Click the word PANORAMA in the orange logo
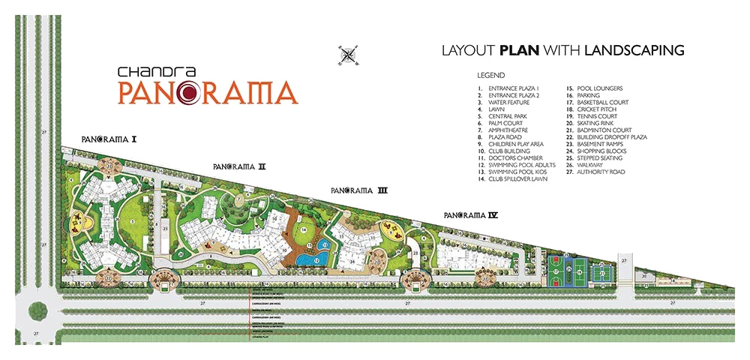(207, 93)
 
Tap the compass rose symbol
(347, 54)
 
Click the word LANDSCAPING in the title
(635, 51)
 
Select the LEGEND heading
(491, 76)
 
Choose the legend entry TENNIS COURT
(597, 116)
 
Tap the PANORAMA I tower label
(109, 139)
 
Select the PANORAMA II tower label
(239, 166)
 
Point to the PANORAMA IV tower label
(471, 215)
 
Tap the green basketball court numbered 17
(557, 269)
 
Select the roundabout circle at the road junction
(37, 310)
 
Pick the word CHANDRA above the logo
(148, 72)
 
